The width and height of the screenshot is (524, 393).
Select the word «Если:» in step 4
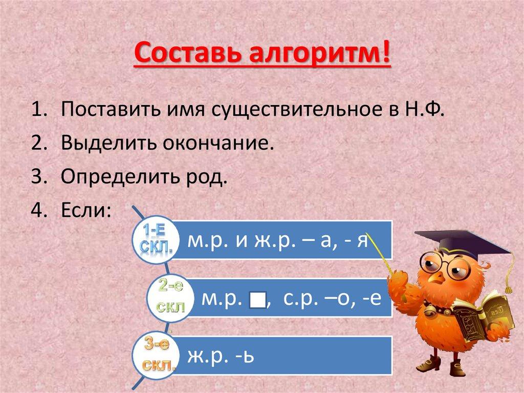85,210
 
